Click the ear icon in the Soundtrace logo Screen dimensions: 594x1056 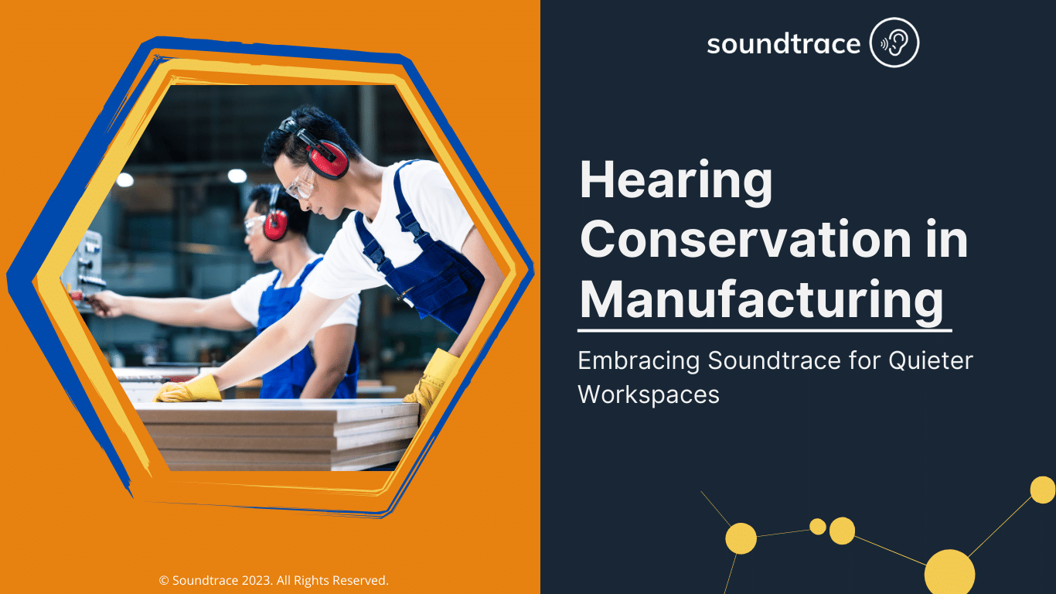pyautogui.click(x=895, y=43)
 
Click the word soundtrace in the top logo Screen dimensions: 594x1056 pyautogui.click(x=783, y=43)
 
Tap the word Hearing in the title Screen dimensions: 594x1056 pyautogui.click(x=676, y=181)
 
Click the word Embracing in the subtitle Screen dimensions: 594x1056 pyautogui.click(x=639, y=360)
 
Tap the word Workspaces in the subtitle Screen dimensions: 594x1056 pyautogui.click(x=649, y=394)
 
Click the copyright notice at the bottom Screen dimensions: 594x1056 pyautogui.click(x=274, y=579)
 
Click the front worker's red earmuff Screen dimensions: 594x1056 pyautogui.click(x=328, y=158)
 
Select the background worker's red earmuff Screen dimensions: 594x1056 pyautogui.click(x=275, y=224)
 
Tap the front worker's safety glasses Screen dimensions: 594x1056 pyautogui.click(x=301, y=185)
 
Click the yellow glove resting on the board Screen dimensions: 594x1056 pyautogui.click(x=189, y=389)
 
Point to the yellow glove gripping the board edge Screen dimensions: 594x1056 pyautogui.click(x=433, y=379)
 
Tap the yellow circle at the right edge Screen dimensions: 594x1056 pyautogui.click(x=1043, y=490)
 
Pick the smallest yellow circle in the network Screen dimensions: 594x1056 pyautogui.click(x=818, y=526)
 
